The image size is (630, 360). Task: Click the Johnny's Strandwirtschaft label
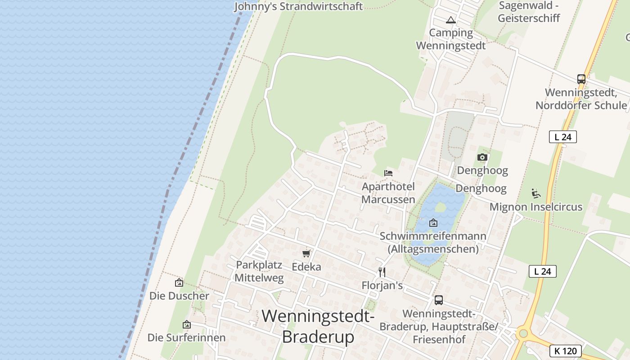pyautogui.click(x=298, y=6)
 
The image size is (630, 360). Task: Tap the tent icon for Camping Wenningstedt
pyautogui.click(x=451, y=20)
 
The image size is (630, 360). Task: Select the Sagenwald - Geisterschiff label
pyautogui.click(x=529, y=12)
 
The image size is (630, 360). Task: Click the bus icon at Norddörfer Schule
pyautogui.click(x=581, y=79)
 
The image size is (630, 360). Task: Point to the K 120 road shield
pyautogui.click(x=566, y=351)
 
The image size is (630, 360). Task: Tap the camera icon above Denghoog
pyautogui.click(x=482, y=157)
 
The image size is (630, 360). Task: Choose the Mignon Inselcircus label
pyautogui.click(x=536, y=207)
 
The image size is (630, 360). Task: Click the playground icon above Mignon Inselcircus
pyautogui.click(x=536, y=193)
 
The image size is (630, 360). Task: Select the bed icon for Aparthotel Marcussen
pyautogui.click(x=388, y=173)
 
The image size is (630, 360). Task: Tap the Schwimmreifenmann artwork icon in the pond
pyautogui.click(x=433, y=223)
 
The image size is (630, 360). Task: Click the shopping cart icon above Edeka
pyautogui.click(x=306, y=254)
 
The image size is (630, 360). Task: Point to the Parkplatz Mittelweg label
pyautogui.click(x=259, y=271)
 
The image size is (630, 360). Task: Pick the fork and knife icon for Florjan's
pyautogui.click(x=382, y=272)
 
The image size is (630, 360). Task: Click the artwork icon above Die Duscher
pyautogui.click(x=179, y=283)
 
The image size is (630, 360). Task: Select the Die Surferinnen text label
pyautogui.click(x=187, y=337)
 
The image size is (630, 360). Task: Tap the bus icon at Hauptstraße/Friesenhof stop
pyautogui.click(x=439, y=300)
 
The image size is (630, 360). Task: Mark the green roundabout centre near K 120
pyautogui.click(x=523, y=333)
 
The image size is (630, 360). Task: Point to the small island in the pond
pyautogui.click(x=441, y=207)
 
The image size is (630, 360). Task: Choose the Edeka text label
pyautogui.click(x=306, y=267)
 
